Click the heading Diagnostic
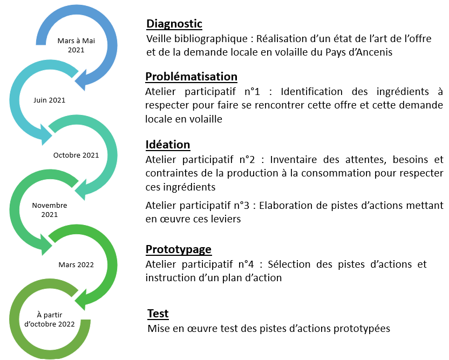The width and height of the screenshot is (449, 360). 174,24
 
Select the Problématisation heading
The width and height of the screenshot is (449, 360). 191,77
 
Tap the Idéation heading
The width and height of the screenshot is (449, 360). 168,145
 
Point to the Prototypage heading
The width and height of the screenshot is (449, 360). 179,250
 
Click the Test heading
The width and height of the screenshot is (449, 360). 158,314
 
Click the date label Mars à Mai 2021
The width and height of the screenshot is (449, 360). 76,45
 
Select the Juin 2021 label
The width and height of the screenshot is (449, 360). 49,100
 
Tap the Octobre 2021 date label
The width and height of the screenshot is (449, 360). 76,155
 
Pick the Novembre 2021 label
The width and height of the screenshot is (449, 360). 50,210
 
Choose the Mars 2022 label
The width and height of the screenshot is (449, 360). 76,265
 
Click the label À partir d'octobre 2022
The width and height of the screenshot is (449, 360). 50,320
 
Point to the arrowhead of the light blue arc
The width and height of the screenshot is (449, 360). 45,135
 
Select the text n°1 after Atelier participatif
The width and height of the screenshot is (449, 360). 252,92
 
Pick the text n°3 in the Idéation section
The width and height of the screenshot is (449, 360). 242,206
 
